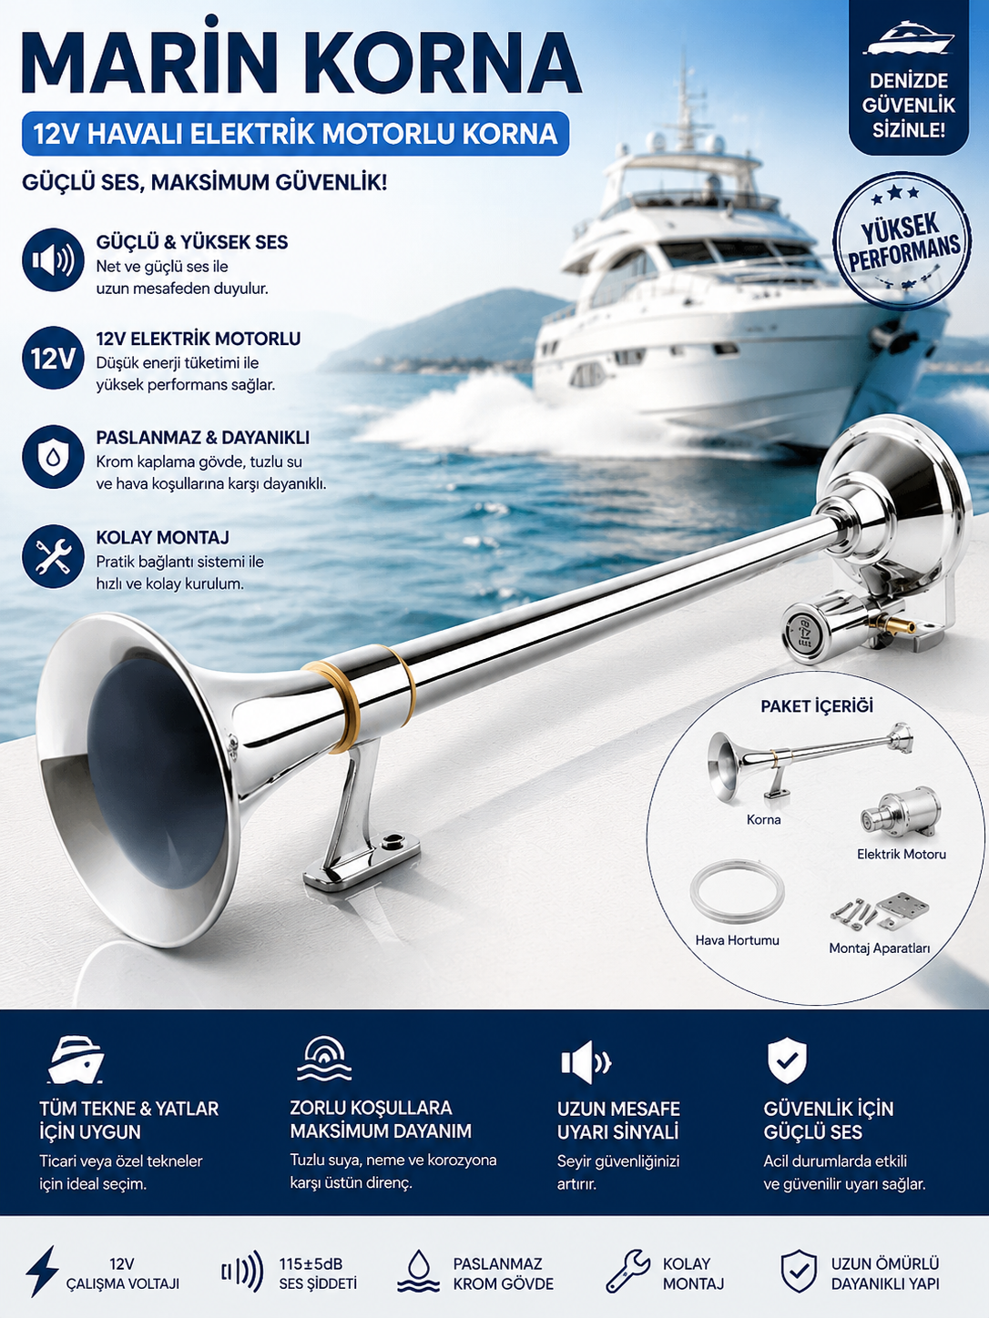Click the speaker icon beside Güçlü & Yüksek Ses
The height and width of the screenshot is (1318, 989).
(53, 260)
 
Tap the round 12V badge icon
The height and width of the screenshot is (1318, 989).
(53, 358)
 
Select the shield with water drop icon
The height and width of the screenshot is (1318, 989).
(53, 457)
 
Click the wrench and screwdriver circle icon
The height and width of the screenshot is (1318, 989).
(53, 557)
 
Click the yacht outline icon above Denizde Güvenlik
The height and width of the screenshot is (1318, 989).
(909, 40)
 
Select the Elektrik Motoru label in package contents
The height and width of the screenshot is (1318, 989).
(901, 854)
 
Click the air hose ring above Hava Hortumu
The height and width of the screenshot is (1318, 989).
(737, 894)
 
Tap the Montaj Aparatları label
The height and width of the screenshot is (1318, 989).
(879, 948)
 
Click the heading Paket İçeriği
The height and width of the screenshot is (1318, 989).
(817, 706)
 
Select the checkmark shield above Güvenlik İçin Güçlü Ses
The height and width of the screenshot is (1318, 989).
(787, 1060)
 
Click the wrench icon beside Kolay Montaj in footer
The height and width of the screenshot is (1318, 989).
(627, 1270)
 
